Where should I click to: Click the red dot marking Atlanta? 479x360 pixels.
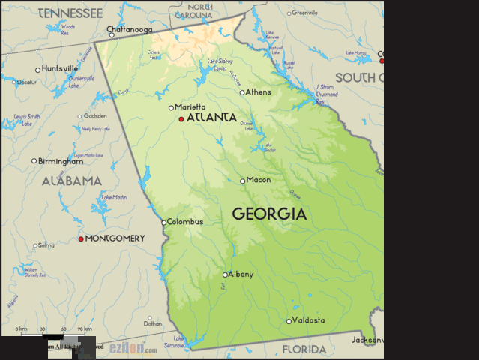(181, 118)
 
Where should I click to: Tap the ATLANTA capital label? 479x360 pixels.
(211, 118)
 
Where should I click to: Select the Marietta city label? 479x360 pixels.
(190, 107)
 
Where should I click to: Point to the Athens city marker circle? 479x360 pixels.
(242, 92)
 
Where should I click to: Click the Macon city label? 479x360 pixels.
(259, 180)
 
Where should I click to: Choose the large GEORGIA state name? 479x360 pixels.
(269, 214)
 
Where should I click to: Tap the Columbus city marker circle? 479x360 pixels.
(164, 222)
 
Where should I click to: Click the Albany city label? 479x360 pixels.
(241, 274)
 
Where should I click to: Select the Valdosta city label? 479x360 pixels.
(309, 320)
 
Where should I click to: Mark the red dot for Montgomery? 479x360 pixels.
(81, 238)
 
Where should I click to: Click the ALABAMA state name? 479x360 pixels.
(71, 181)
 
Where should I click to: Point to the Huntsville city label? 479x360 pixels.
(60, 69)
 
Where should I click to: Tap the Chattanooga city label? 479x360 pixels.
(130, 30)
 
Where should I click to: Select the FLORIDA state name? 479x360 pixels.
(304, 349)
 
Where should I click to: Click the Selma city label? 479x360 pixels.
(46, 245)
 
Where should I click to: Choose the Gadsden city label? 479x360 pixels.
(95, 116)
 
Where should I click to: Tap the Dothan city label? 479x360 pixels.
(153, 324)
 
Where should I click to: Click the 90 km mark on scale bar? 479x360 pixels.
(85, 329)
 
